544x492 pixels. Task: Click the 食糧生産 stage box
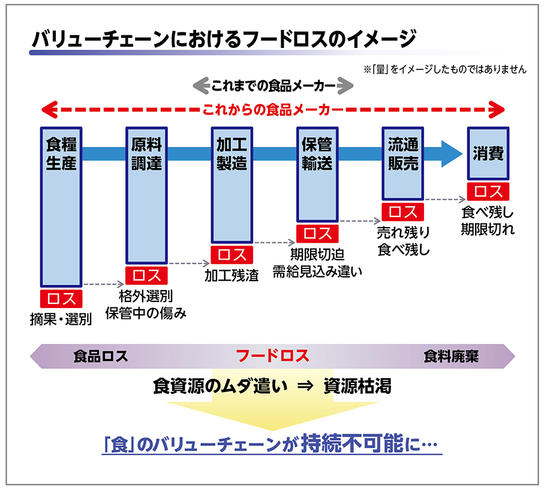click(61, 207)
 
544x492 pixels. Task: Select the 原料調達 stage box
click(146, 195)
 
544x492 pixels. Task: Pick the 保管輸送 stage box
click(317, 174)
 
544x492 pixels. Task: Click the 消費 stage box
click(488, 153)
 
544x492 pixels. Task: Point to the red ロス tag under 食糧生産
click(61, 298)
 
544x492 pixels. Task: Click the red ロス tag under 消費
click(488, 191)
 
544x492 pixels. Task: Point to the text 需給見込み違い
click(317, 271)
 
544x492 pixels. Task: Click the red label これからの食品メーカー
click(273, 110)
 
